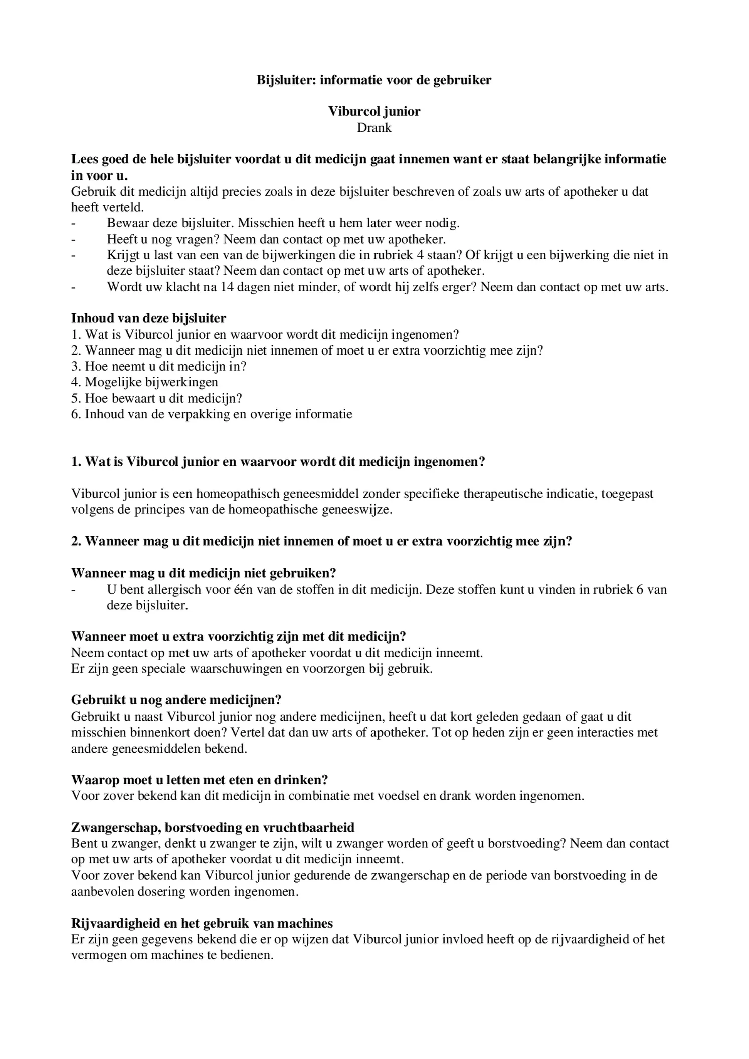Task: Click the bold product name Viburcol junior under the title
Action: click(x=374, y=111)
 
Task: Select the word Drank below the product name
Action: click(x=374, y=128)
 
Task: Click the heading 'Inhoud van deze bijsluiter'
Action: click(x=148, y=318)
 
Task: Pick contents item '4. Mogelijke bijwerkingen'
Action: click(x=144, y=382)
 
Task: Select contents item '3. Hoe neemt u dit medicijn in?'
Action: click(x=158, y=366)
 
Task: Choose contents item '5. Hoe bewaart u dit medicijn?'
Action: click(x=156, y=398)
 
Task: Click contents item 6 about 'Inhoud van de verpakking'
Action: click(x=212, y=414)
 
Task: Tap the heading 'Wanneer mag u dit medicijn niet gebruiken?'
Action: click(x=203, y=573)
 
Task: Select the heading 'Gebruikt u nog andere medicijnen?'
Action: click(x=176, y=700)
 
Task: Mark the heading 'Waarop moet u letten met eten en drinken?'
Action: click(x=200, y=780)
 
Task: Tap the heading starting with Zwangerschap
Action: click(x=213, y=827)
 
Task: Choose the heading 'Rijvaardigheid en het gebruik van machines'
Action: click(x=202, y=923)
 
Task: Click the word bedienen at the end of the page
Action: click(x=245, y=955)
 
